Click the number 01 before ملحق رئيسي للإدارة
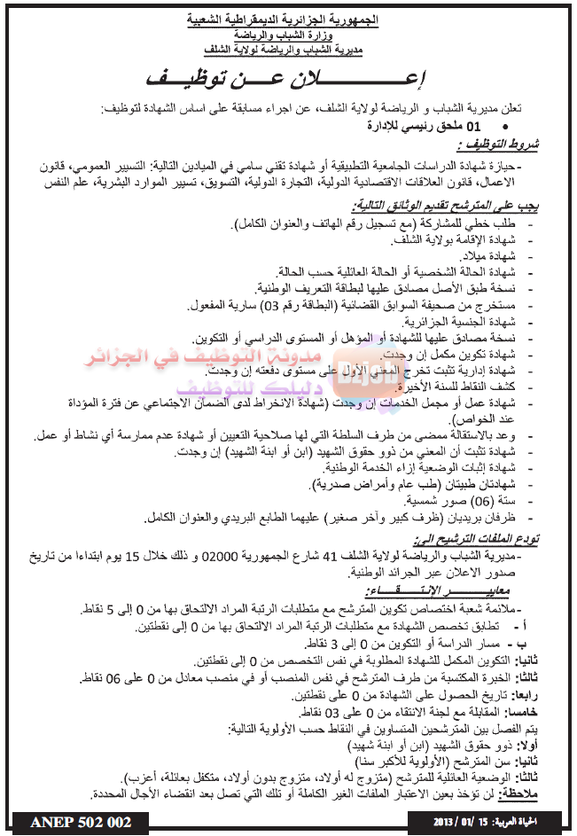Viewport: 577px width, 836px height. pos(472,127)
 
